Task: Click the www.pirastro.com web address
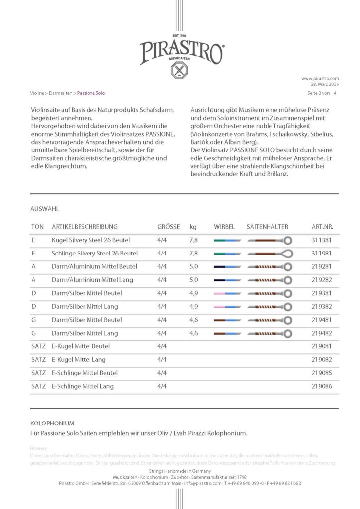320,78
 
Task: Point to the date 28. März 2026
323,85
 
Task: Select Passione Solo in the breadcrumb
91,93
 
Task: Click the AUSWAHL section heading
45,209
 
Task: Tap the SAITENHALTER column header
267,227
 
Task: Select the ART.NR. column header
322,227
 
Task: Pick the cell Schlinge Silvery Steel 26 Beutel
94,254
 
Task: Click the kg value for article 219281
193,266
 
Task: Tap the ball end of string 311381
287,240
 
